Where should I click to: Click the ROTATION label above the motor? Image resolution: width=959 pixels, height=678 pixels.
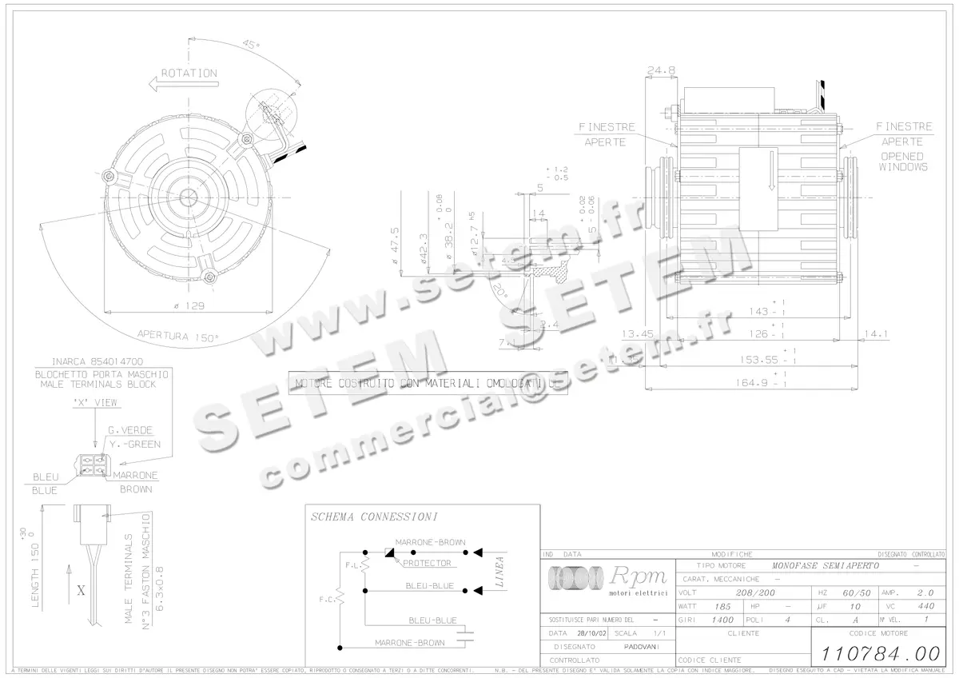click(x=189, y=73)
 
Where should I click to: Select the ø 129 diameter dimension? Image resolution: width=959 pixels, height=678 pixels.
click(x=189, y=307)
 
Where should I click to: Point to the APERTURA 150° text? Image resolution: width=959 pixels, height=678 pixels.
click(x=177, y=337)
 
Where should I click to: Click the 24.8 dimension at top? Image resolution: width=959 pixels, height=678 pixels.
click(x=661, y=70)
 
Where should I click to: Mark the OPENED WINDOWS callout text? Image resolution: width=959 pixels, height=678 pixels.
click(x=903, y=162)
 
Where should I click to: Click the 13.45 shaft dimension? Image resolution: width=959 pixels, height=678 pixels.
click(x=637, y=334)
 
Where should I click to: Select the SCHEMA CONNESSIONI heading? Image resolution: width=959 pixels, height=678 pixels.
click(x=374, y=517)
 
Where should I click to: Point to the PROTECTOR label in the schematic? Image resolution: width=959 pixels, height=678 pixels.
click(x=427, y=563)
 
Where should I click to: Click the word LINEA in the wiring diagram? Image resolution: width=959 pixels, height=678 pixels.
click(x=499, y=572)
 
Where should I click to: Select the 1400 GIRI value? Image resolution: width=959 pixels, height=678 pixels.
click(x=723, y=620)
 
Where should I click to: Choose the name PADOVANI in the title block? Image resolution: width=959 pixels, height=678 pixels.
click(x=642, y=646)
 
